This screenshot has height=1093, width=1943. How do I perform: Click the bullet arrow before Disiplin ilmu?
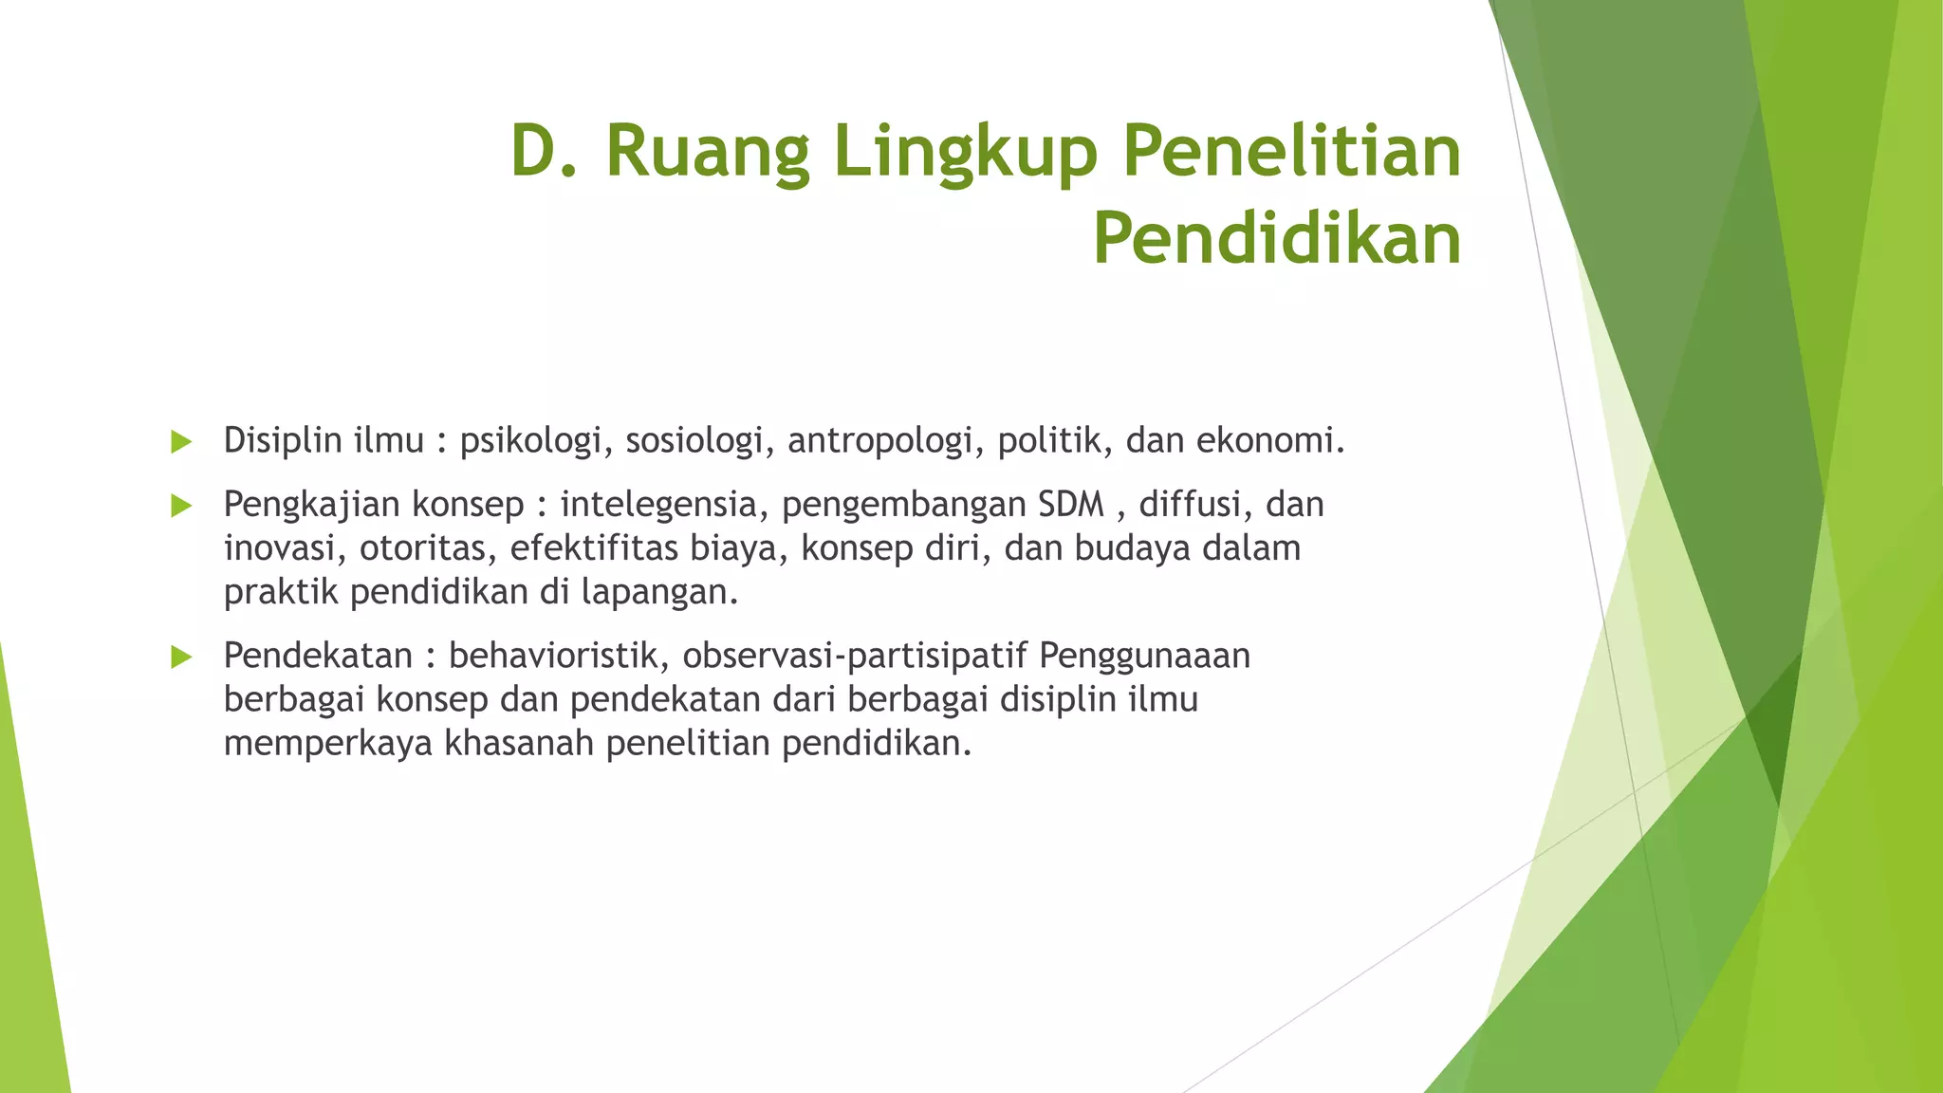pos(181,441)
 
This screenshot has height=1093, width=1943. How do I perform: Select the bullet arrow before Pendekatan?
pos(181,656)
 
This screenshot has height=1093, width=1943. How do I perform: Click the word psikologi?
pos(535,441)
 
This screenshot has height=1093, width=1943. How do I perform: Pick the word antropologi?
pos(886,441)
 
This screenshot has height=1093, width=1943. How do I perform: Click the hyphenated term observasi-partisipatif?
pos(855,656)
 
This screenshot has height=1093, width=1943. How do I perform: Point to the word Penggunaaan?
pos(1145,656)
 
